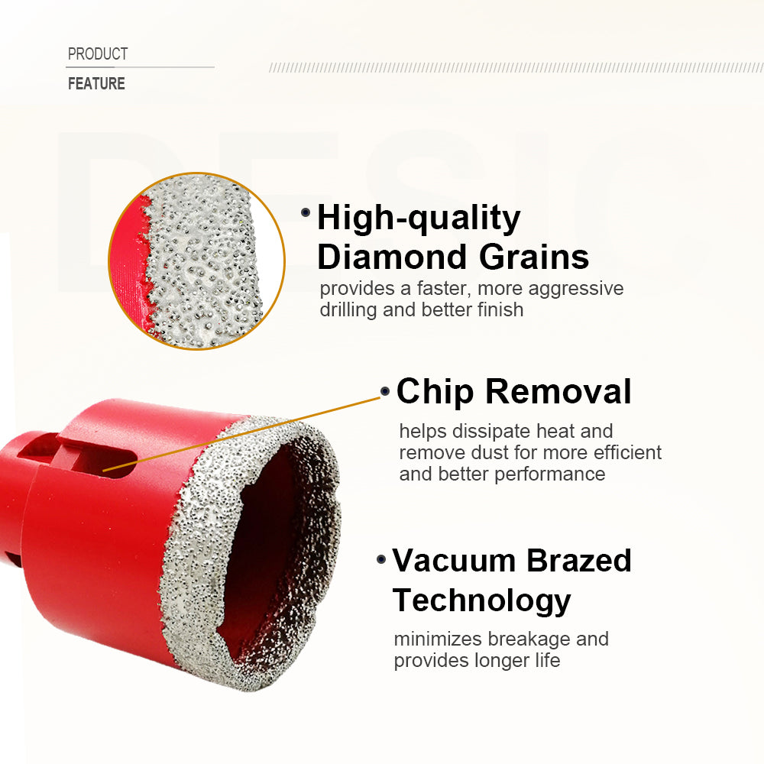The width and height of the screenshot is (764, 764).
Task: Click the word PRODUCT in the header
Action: point(98,54)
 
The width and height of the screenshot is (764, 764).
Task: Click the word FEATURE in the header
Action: point(96,84)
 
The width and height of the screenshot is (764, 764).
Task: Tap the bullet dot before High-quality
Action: point(306,212)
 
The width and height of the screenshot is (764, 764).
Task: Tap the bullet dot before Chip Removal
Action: point(385,390)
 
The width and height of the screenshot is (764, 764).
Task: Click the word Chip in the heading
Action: point(436,391)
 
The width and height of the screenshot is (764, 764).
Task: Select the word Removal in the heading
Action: point(561,391)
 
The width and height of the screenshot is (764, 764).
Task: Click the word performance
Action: point(549,474)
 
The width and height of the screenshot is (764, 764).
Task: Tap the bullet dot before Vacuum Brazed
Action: point(381,560)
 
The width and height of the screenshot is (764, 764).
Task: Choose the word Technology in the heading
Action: point(481,601)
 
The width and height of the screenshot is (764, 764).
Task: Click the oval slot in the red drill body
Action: point(115,463)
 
